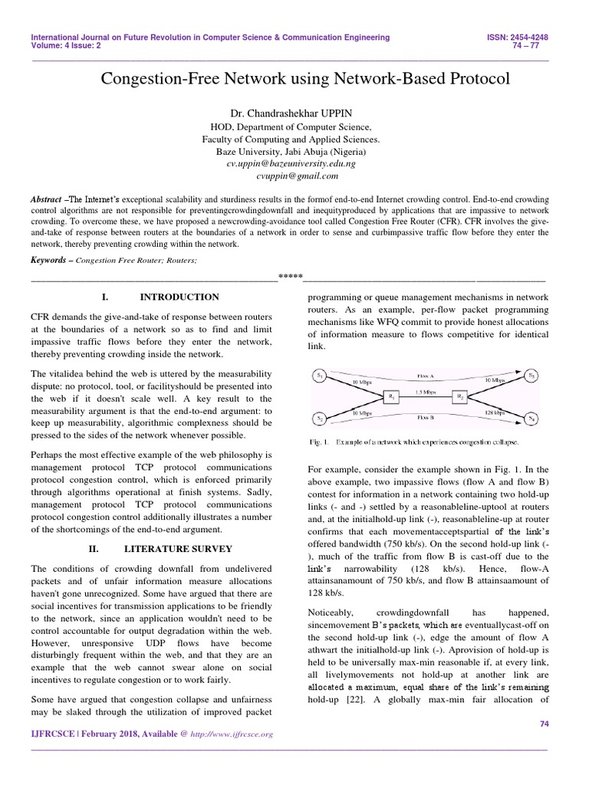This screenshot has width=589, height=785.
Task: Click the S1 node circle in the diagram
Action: [x=320, y=376]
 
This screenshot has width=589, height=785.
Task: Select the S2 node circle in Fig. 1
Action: [x=320, y=418]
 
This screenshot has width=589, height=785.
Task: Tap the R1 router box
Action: [x=391, y=396]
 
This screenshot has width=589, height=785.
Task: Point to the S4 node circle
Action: [x=531, y=418]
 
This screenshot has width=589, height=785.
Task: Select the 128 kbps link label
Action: [x=494, y=412]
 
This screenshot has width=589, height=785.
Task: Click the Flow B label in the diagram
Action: [x=426, y=419]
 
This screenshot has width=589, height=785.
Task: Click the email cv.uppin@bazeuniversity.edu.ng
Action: [x=291, y=164]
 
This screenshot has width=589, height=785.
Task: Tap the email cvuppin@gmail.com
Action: [x=291, y=176]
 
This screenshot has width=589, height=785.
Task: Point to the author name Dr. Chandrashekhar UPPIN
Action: [x=291, y=113]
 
